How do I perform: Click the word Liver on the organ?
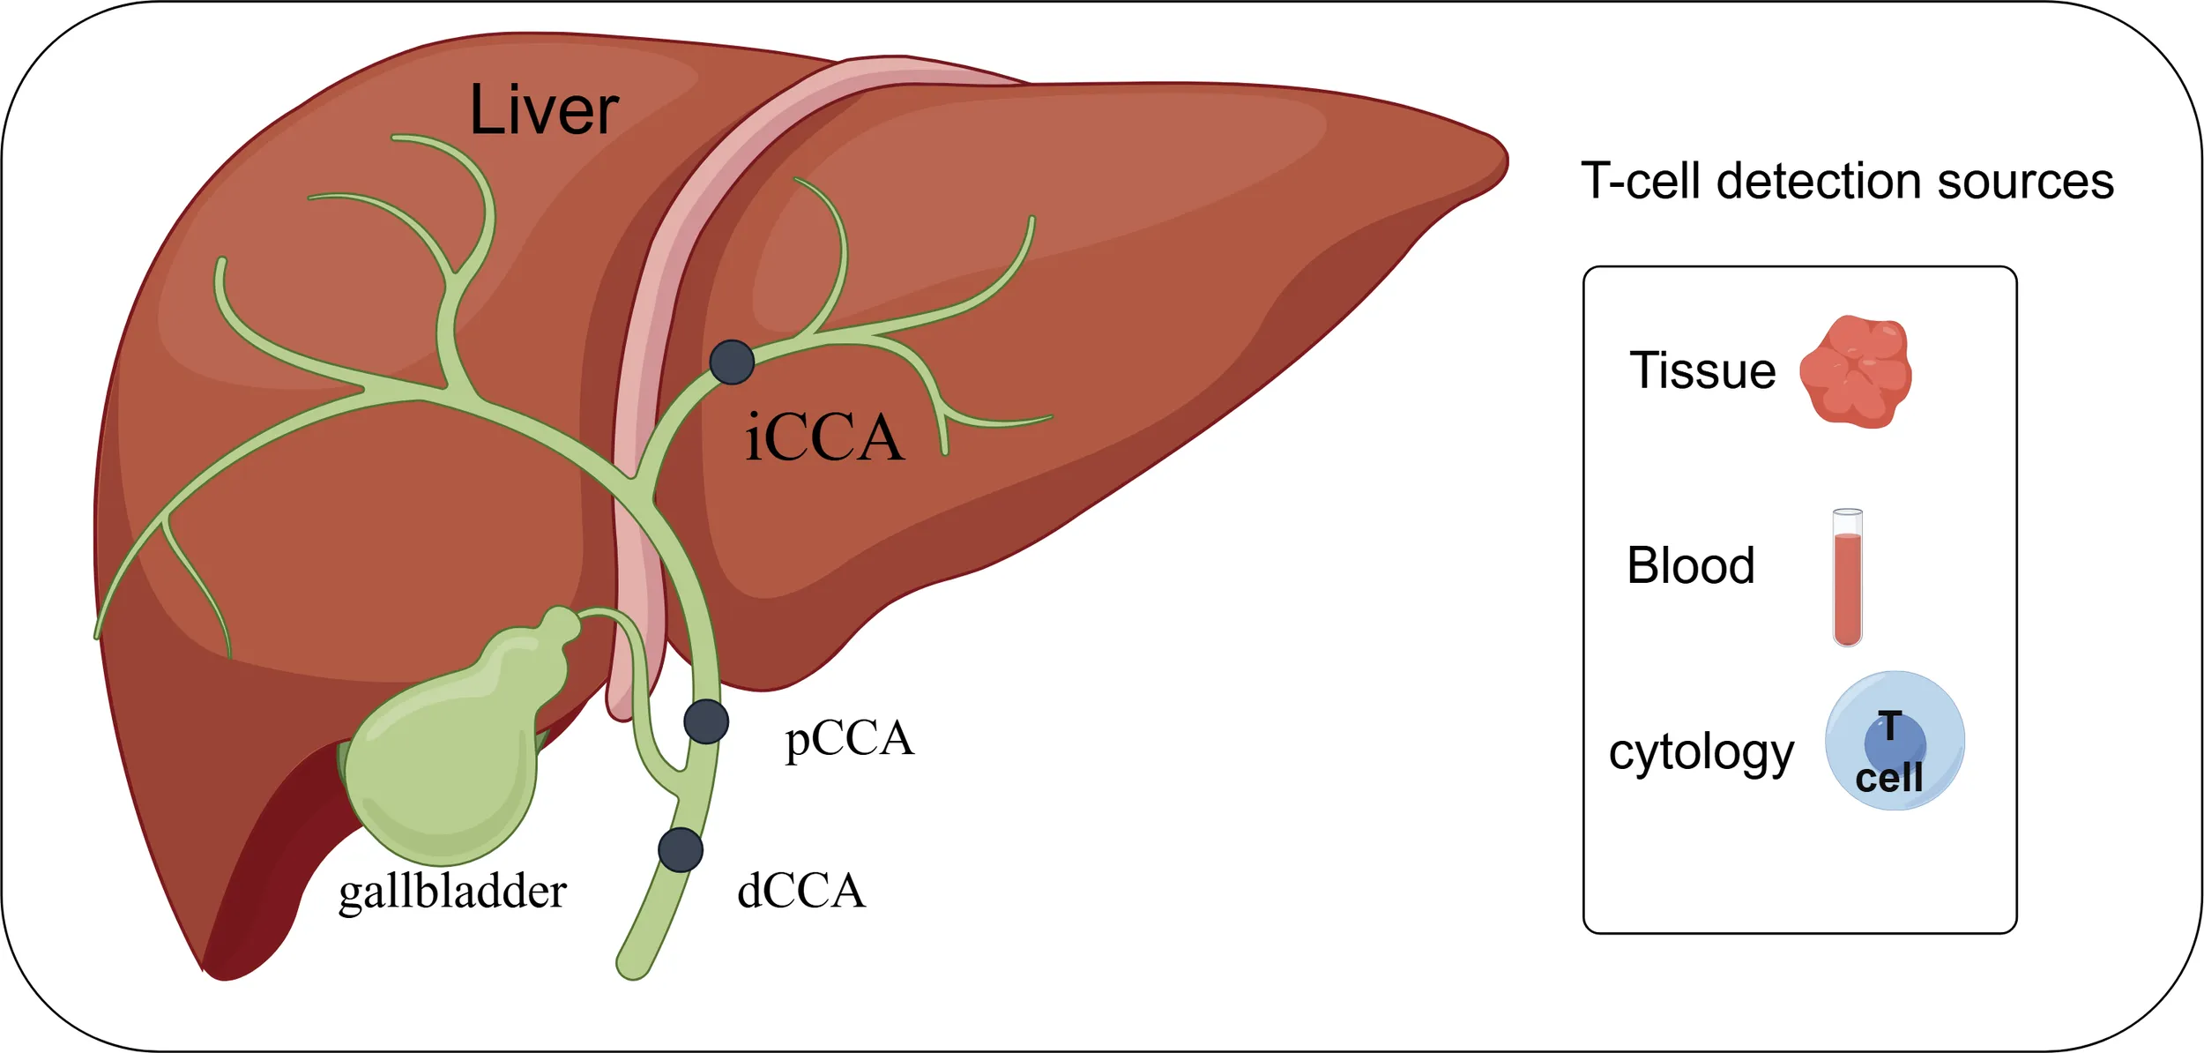pyautogui.click(x=544, y=110)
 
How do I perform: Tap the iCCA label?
pyautogui.click(x=824, y=437)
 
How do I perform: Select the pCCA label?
pyautogui.click(x=849, y=739)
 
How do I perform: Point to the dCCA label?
pyautogui.click(x=800, y=891)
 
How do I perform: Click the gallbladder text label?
pyautogui.click(x=452, y=892)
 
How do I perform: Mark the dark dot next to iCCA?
pyautogui.click(x=732, y=362)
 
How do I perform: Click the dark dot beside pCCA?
pyautogui.click(x=706, y=721)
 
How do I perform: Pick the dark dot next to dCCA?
pyautogui.click(x=681, y=850)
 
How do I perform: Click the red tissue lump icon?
pyautogui.click(x=1856, y=372)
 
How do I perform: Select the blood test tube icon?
pyautogui.click(x=1847, y=578)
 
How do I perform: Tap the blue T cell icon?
pyautogui.click(x=1895, y=741)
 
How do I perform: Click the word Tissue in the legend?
pyautogui.click(x=1702, y=370)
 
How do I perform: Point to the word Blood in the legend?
pyautogui.click(x=1690, y=565)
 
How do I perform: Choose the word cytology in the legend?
pyautogui.click(x=1701, y=752)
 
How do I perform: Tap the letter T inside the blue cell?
pyautogui.click(x=1889, y=727)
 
